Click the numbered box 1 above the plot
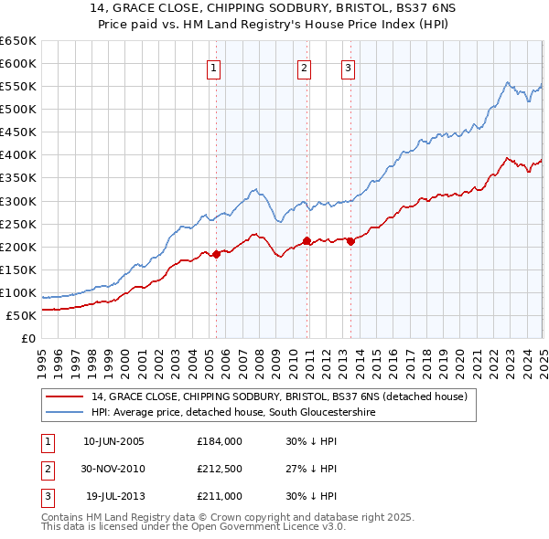[x=213, y=67]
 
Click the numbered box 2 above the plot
[x=304, y=67]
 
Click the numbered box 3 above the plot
[x=349, y=67]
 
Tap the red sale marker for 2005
[x=217, y=254]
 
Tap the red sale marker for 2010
[x=307, y=241]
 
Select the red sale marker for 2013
[x=351, y=241]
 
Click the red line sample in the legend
[x=64, y=397]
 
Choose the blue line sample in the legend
[x=64, y=413]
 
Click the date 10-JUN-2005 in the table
[x=113, y=441]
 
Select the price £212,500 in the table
[x=219, y=469]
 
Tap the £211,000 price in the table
[x=219, y=496]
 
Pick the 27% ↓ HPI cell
[x=311, y=469]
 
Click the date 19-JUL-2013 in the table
[x=114, y=496]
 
